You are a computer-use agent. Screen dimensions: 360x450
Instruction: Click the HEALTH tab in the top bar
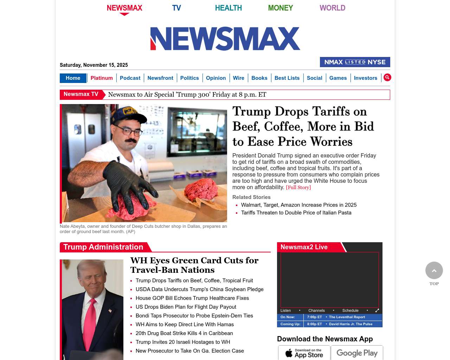click(x=228, y=8)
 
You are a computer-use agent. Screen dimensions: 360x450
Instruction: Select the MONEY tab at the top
click(x=280, y=8)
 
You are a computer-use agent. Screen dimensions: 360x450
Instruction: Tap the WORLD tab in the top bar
click(x=332, y=8)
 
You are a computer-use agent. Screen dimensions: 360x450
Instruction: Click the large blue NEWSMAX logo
click(x=225, y=39)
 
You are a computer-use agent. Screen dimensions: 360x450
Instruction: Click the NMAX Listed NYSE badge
click(x=355, y=62)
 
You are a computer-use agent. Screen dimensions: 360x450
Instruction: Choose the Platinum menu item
click(x=102, y=78)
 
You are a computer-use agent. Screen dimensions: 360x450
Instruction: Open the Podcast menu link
click(x=130, y=78)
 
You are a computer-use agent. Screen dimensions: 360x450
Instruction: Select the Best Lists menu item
click(x=287, y=78)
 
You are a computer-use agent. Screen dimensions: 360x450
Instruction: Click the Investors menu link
click(x=365, y=78)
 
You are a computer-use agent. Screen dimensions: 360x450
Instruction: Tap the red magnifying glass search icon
click(x=387, y=77)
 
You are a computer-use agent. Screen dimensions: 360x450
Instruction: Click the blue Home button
click(x=73, y=78)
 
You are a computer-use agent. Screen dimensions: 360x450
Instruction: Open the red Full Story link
click(x=298, y=187)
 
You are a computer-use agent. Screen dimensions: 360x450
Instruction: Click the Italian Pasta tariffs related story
click(x=296, y=213)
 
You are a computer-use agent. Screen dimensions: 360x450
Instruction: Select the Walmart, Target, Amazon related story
click(x=298, y=205)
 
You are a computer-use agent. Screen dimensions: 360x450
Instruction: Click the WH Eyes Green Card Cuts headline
click(x=194, y=265)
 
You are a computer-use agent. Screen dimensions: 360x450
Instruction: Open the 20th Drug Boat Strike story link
click(x=184, y=333)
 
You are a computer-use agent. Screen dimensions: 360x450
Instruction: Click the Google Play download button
click(x=357, y=353)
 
